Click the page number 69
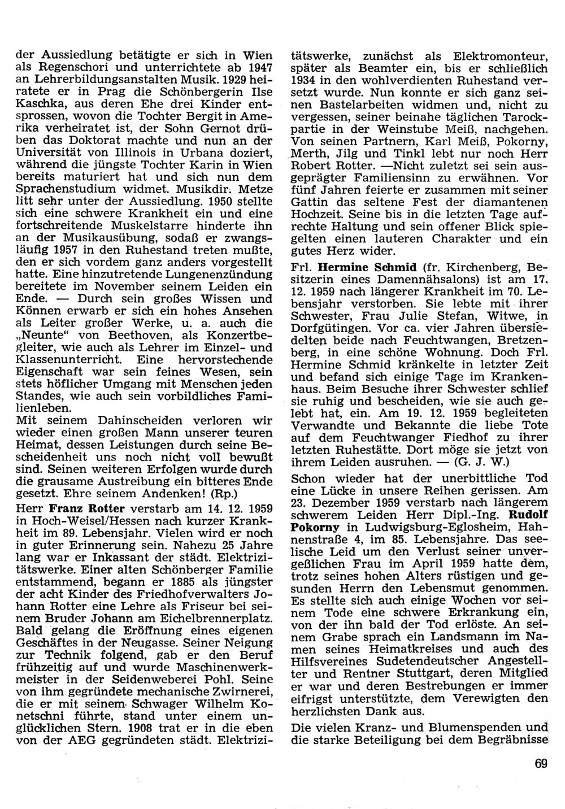541,764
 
